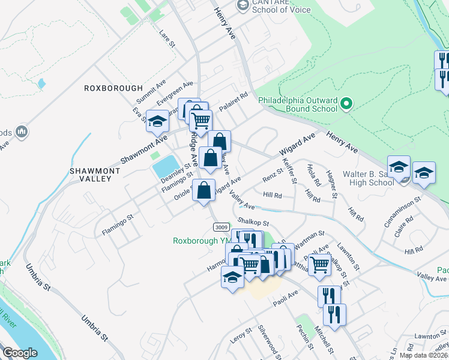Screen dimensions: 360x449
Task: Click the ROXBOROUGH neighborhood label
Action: coord(113,88)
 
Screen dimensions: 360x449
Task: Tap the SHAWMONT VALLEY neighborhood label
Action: coord(91,175)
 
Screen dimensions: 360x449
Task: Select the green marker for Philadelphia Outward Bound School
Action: coord(345,105)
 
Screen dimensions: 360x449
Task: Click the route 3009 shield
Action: coord(220,226)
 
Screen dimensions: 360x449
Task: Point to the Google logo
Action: coord(20,353)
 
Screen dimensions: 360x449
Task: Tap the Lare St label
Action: coord(167,40)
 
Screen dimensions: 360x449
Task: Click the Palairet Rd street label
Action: coord(234,98)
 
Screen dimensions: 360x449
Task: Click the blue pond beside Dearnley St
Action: coord(166,166)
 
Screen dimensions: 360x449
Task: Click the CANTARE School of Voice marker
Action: coord(243,5)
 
